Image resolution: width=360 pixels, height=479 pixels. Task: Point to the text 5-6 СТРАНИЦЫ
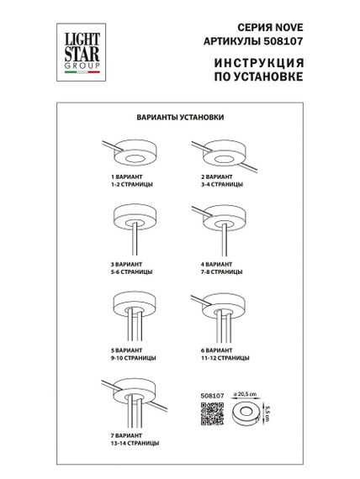pos(131,273)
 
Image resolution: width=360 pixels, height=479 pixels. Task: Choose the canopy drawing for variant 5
pos(131,308)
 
